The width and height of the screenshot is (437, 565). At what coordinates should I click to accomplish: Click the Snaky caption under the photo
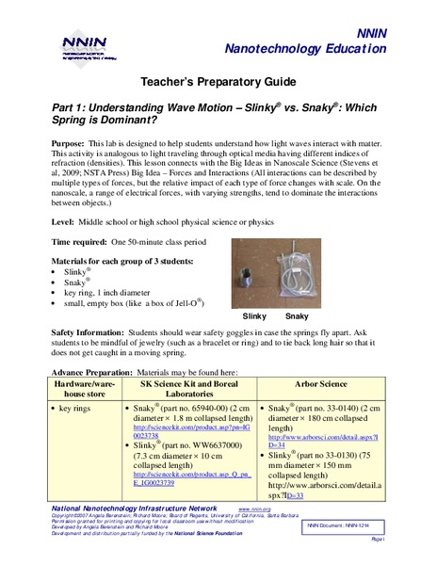[296, 315]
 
